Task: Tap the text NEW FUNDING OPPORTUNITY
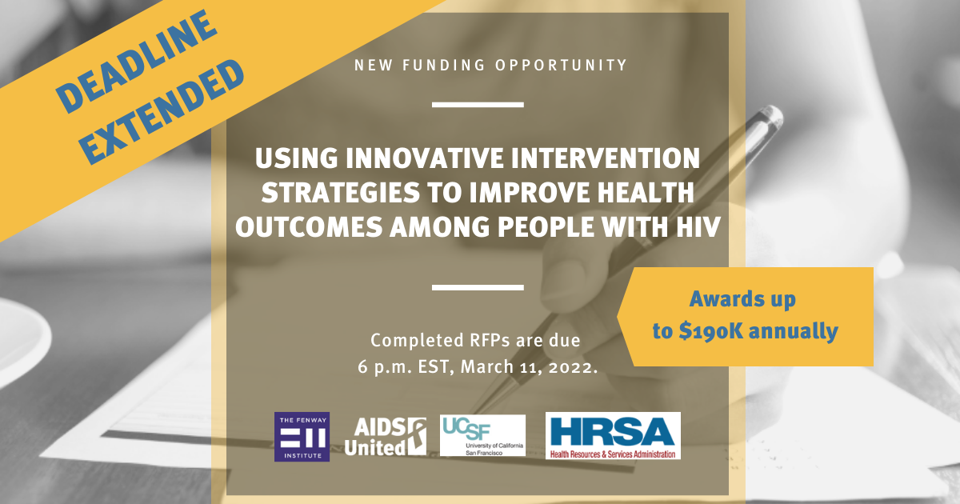tap(490, 65)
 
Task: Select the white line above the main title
tap(478, 104)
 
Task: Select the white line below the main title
tap(478, 286)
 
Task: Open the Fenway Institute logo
tap(302, 437)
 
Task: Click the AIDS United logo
tap(385, 437)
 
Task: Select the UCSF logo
tap(482, 435)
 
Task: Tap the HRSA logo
tap(613, 435)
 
